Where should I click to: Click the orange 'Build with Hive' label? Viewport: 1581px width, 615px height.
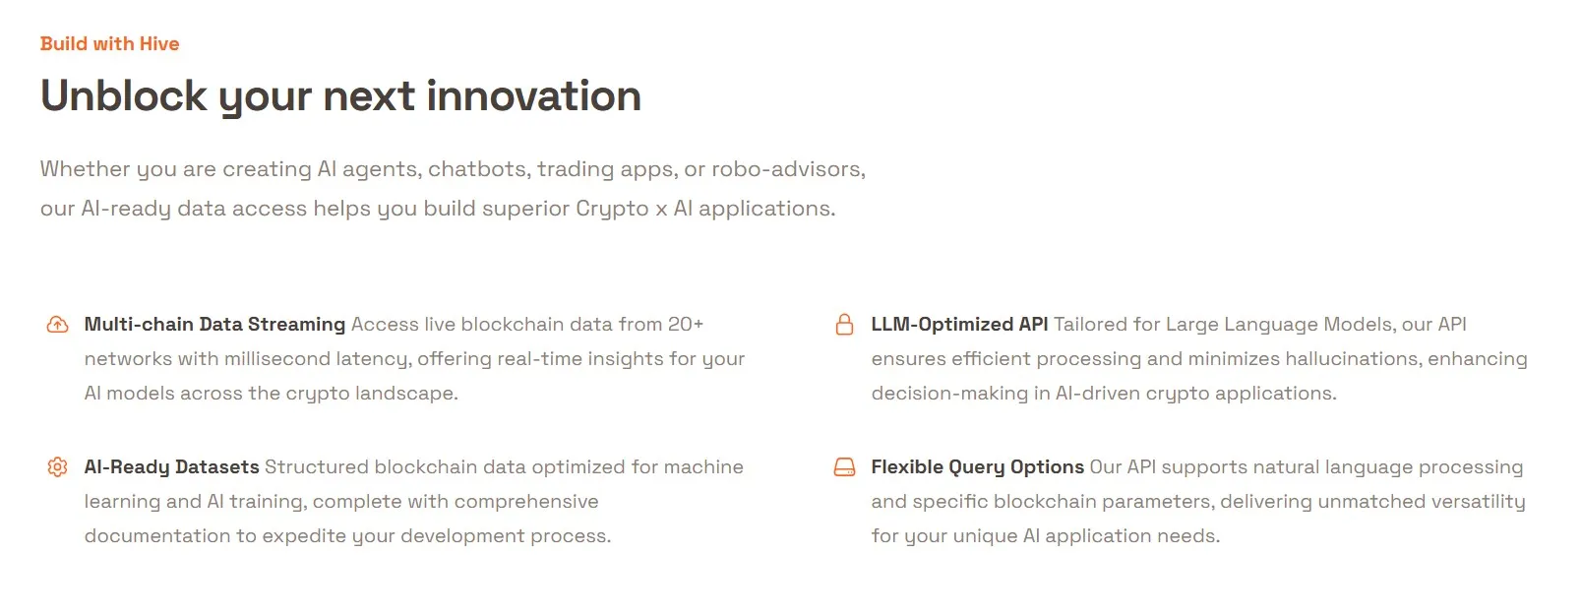(x=109, y=43)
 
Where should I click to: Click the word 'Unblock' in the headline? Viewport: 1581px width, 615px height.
(x=124, y=96)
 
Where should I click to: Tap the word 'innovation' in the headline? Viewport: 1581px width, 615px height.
(x=533, y=96)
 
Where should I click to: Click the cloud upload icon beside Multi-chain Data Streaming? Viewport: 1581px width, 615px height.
(x=58, y=325)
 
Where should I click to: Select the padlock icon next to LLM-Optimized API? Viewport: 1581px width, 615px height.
(x=844, y=325)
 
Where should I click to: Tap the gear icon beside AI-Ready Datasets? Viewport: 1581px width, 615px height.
(x=58, y=467)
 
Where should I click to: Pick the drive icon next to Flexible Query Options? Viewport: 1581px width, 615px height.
(x=844, y=467)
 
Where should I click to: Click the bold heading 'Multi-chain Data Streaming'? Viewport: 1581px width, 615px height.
(x=214, y=325)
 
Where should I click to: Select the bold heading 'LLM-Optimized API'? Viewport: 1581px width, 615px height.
(x=959, y=325)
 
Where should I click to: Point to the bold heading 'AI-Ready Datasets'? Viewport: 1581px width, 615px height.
(x=171, y=467)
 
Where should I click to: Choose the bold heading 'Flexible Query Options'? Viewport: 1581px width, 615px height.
(x=977, y=467)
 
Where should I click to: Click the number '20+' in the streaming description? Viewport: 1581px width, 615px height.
(x=686, y=325)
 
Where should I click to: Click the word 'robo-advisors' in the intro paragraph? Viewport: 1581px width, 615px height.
(x=787, y=169)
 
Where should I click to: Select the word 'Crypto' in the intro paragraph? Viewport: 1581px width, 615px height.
(x=612, y=209)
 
